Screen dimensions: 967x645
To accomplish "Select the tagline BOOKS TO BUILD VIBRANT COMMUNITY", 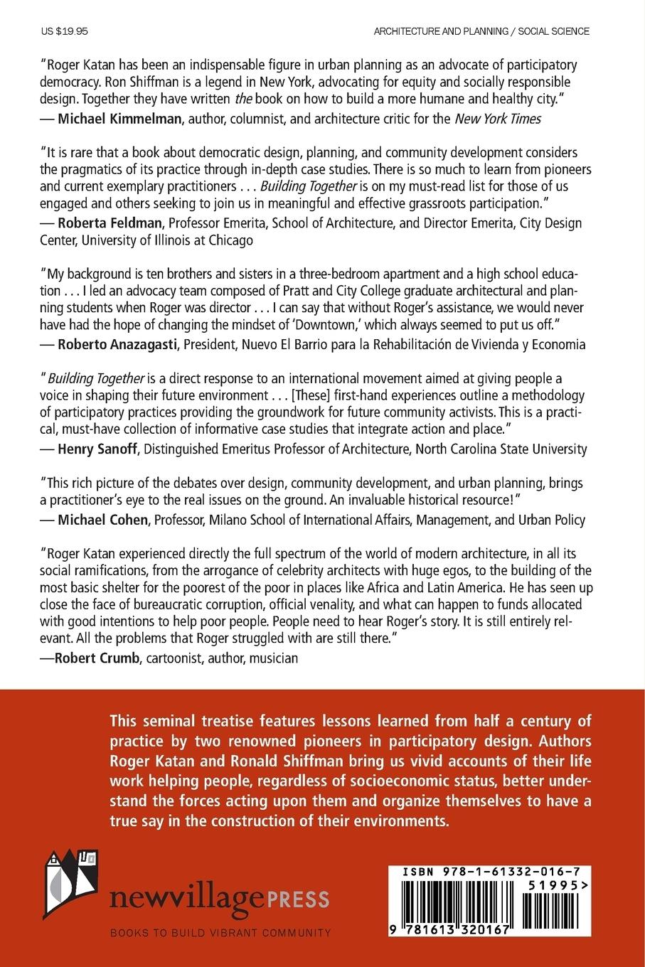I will click(x=220, y=932).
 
